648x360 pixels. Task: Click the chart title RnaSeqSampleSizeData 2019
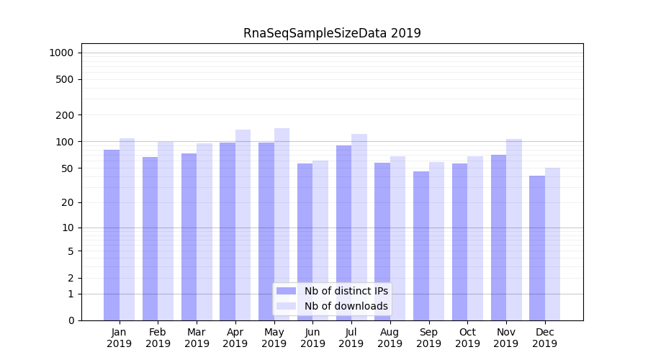coord(332,33)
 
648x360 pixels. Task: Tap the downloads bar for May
coord(282,224)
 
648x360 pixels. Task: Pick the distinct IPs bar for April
coord(228,231)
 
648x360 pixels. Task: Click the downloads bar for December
coord(552,244)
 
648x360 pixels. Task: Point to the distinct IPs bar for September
coord(421,246)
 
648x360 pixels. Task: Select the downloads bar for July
coord(359,227)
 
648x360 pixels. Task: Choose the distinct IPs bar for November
coord(498,238)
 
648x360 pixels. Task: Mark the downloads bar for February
coord(166,230)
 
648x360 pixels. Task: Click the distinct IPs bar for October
coord(460,242)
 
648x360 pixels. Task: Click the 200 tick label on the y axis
coord(66,115)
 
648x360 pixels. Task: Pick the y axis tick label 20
coord(68,202)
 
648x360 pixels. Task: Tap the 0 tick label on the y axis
coord(71,320)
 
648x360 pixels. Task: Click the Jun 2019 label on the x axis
coord(312,338)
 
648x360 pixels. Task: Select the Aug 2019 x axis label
coord(390,338)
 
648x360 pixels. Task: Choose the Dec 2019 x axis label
coord(545,338)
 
